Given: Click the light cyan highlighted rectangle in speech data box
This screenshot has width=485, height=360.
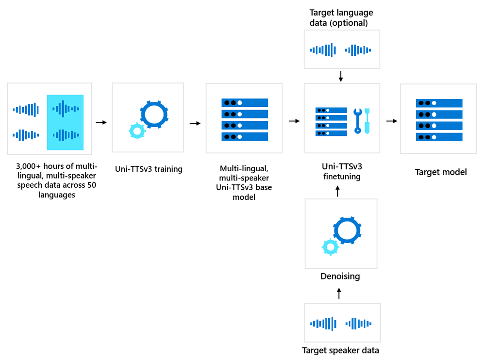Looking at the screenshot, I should [x=66, y=122].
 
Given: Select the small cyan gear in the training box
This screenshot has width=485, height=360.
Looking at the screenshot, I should [x=136, y=131].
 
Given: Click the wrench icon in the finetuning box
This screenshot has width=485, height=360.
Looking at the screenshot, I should [x=358, y=120].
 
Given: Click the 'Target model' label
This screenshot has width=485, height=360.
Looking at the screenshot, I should [x=440, y=172].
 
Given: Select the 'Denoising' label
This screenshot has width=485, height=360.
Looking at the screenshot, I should [x=340, y=277].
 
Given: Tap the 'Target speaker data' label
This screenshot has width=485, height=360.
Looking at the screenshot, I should [x=340, y=350].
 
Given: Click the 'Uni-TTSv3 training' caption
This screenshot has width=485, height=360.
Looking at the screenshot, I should [x=148, y=169].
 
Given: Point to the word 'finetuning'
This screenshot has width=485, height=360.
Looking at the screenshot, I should [x=342, y=177].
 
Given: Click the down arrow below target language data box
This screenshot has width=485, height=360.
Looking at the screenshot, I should [x=341, y=76].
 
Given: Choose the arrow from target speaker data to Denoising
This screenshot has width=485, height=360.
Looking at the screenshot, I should [x=339, y=293].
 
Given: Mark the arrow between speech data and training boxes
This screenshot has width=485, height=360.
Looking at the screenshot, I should [x=101, y=122].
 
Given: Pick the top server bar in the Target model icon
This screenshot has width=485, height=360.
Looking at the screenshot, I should [x=439, y=103].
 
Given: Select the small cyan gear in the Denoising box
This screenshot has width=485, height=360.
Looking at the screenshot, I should [x=330, y=247].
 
